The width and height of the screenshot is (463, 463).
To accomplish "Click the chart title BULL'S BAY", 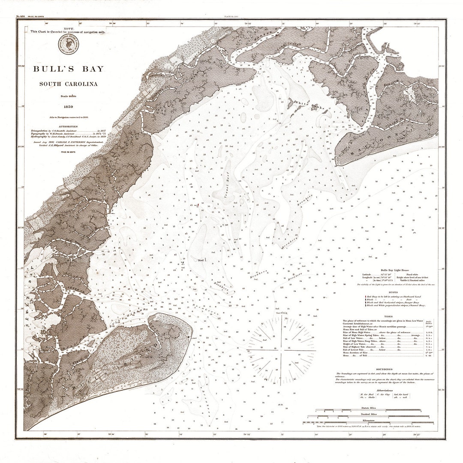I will pyautogui.click(x=69, y=69).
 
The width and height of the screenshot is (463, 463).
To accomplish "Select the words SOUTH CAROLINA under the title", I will pyautogui.click(x=69, y=84).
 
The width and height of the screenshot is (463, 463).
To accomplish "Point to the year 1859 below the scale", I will pyautogui.click(x=68, y=107).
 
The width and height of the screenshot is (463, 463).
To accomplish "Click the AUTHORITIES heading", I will pyautogui.click(x=68, y=126).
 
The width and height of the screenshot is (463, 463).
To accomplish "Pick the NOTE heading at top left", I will pyautogui.click(x=68, y=28).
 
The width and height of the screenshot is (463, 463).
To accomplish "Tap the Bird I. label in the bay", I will pyautogui.click(x=201, y=260).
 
